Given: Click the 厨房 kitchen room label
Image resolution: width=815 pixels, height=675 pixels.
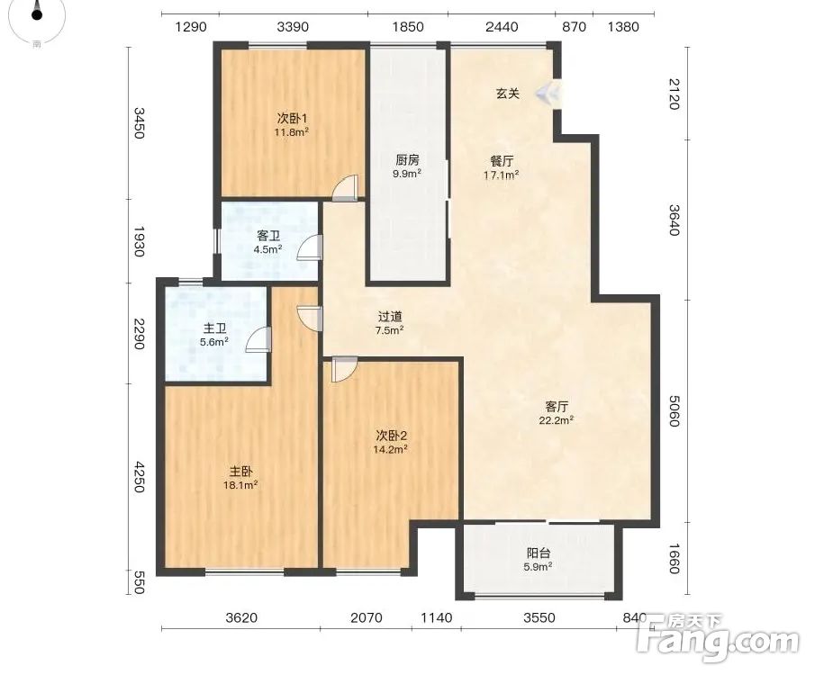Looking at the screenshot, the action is pos(407,160).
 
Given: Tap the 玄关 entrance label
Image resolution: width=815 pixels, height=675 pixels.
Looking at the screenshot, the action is pos(507,94).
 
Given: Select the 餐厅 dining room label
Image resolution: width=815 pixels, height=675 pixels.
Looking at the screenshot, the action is pos(502,161).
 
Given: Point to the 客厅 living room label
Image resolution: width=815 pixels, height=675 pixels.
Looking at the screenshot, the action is pos(557,407).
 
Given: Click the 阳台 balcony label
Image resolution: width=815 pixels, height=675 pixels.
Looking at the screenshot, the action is pos(538,553).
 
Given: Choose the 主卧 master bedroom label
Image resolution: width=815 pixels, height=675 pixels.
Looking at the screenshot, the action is pos(241,472).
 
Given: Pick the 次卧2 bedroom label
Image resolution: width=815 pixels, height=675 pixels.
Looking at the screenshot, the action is pos(391,436).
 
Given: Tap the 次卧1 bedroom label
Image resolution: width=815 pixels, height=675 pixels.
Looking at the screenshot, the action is pos(292,119).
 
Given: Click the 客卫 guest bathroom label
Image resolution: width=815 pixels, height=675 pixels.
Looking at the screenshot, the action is pos(268,236).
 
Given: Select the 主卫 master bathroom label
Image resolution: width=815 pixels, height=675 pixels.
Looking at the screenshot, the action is pos(214,328).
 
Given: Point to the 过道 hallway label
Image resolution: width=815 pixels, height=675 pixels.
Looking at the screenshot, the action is pos(390,317).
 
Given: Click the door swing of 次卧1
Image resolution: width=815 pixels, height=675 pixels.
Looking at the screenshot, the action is pos(345,187).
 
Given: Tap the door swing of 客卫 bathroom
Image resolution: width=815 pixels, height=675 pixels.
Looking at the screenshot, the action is pos(310,247).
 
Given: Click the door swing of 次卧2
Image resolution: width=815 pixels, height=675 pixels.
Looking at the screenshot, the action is pos(344,370).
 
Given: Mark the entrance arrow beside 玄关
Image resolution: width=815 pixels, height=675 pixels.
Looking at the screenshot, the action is pos(547,94).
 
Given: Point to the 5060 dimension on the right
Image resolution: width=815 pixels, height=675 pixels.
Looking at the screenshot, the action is pos(675,410).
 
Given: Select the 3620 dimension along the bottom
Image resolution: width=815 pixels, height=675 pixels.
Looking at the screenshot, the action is pos(241,617).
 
